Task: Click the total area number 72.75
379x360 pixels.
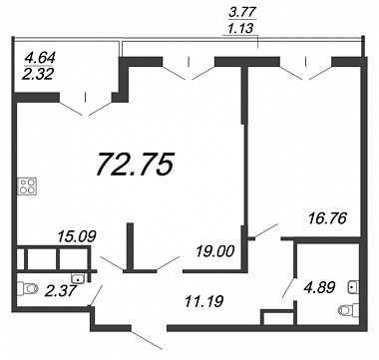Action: [x=136, y=165]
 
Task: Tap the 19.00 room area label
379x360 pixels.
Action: [x=215, y=251]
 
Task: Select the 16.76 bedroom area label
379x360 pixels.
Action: [x=327, y=218]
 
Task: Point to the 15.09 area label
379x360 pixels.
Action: [x=77, y=237]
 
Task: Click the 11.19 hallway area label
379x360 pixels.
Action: [x=203, y=301]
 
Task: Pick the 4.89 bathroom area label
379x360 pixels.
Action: [x=318, y=287]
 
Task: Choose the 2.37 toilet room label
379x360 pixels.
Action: [x=61, y=292]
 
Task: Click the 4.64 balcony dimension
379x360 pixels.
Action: [x=40, y=57]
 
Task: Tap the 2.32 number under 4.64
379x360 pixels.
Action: [x=37, y=74]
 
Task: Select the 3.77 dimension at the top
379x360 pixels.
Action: [x=242, y=13]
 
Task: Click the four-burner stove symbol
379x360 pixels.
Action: [x=28, y=185]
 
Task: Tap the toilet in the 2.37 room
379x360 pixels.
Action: [x=27, y=287]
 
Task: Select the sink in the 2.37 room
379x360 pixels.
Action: [x=78, y=278]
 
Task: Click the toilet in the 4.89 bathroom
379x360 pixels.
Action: [x=348, y=310]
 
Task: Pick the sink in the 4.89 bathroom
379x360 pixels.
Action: [x=353, y=287]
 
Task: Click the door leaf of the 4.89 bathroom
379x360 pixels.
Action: [x=288, y=287]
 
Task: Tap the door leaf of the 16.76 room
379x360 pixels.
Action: [x=266, y=230]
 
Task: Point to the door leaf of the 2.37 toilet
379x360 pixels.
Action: [x=97, y=295]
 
